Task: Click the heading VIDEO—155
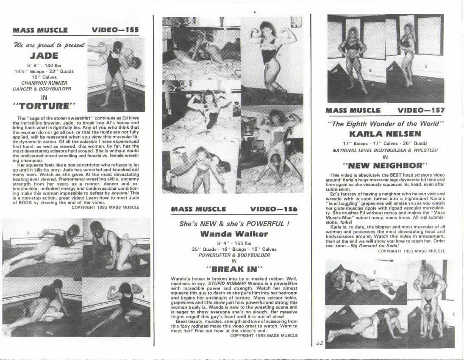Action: pyautogui.click(x=115, y=30)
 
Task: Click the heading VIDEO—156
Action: pyautogui.click(x=274, y=209)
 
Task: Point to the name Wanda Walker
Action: pyautogui.click(x=234, y=234)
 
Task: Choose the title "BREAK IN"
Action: pyautogui.click(x=234, y=269)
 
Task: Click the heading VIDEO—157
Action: pyautogui.click(x=421, y=111)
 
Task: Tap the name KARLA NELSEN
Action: pyautogui.click(x=385, y=134)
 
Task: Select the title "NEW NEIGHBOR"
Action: pyautogui.click(x=385, y=164)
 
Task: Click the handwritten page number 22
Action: pyautogui.click(x=320, y=343)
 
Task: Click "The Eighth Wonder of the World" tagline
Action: pyautogui.click(x=385, y=124)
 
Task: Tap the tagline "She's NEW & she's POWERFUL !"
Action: pyautogui.click(x=234, y=224)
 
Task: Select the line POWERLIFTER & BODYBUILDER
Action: pyautogui.click(x=234, y=255)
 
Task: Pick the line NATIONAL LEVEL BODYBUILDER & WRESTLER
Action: pyautogui.click(x=385, y=150)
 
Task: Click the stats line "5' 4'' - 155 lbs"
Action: pyautogui.click(x=234, y=244)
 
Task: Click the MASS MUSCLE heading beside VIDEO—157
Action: pyautogui.click(x=353, y=111)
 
